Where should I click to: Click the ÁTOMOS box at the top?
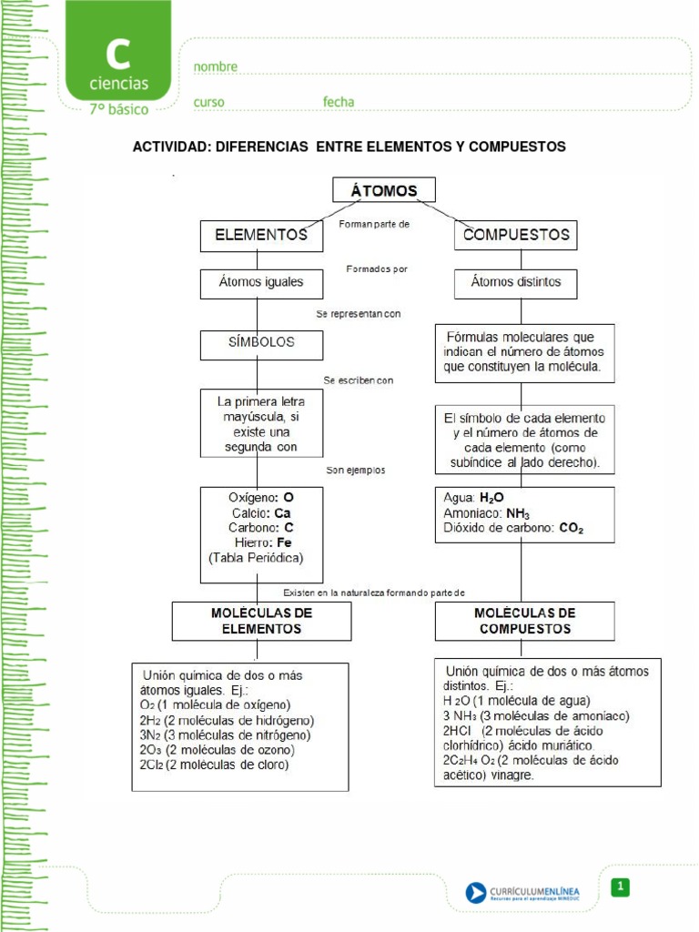coord(383,189)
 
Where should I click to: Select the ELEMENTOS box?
coord(261,235)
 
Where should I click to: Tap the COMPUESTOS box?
coord(516,234)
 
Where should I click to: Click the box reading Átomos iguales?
coord(261,282)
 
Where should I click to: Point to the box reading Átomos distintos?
coord(516,282)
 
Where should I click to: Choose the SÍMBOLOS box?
coord(261,343)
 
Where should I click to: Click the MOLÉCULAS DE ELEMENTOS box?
coord(261,621)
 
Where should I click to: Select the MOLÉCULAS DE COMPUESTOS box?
coord(524,621)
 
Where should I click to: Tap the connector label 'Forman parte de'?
coord(373,223)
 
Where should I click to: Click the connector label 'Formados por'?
coord(377,268)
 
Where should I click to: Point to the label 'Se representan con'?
coord(359,313)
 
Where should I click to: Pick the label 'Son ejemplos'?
coord(356,471)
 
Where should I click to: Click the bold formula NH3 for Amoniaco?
coord(518,513)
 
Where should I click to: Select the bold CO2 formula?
coord(572,528)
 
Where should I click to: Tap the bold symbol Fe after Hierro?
coord(284,542)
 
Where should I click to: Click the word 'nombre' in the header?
coord(216,66)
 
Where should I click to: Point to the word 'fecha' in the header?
coord(339,102)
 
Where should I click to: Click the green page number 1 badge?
coord(620,886)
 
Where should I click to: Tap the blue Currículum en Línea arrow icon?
coord(475,892)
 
